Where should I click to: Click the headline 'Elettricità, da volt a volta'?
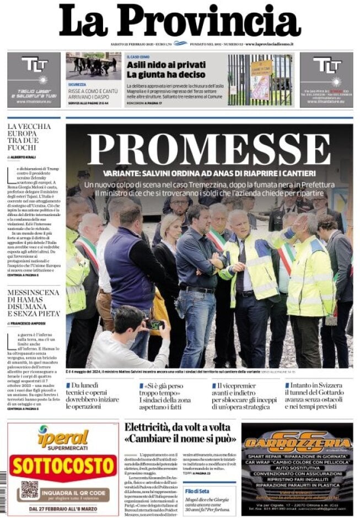point(180,434)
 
